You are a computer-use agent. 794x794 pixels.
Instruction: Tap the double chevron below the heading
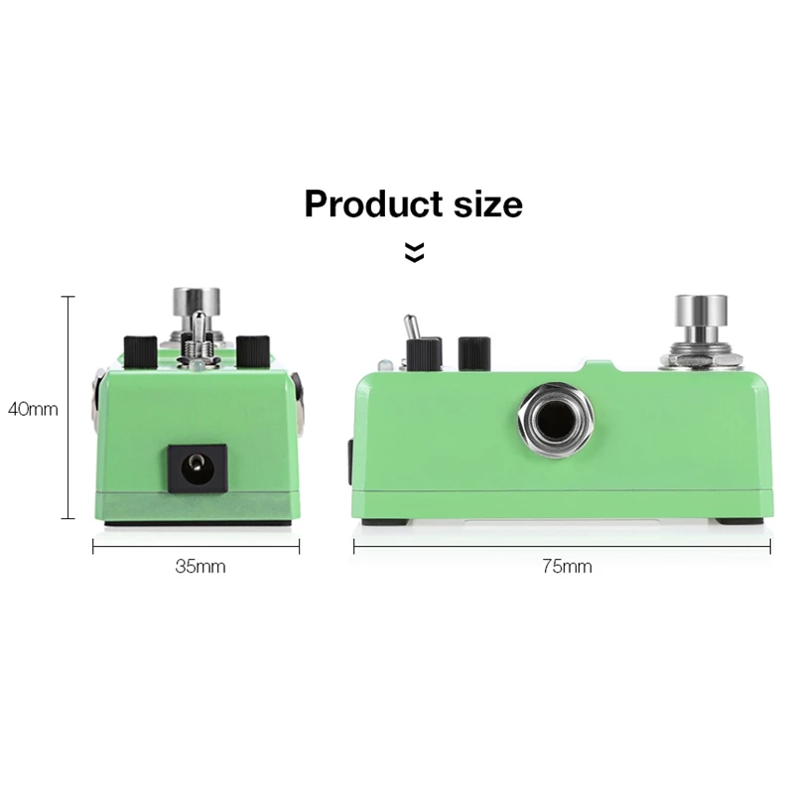(415, 253)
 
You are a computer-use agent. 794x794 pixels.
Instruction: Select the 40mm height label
(33, 408)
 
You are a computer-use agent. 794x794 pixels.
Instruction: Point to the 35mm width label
(199, 568)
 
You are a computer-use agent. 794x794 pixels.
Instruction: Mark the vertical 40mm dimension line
(68, 407)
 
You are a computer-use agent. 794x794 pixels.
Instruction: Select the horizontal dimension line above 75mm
(564, 545)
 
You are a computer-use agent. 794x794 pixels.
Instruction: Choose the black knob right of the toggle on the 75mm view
(474, 351)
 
